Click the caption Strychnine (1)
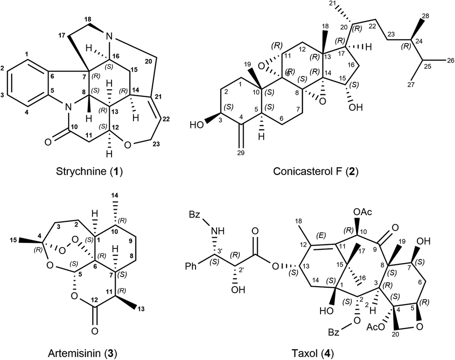coord(89,171)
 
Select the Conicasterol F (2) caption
coord(316,171)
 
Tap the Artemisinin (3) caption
coord(82,353)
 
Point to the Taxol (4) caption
coord(313,353)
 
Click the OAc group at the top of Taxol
coord(363,212)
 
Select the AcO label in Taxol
coord(375,327)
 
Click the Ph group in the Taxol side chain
coord(191,266)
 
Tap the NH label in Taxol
coord(218,231)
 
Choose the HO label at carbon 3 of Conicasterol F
coord(196,126)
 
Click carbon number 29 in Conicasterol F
coord(240,153)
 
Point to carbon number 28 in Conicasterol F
coord(424,16)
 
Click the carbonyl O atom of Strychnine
coord(49,142)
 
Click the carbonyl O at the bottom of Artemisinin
coord(95,331)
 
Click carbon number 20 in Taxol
coord(396,334)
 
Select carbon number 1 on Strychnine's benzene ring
coord(27,54)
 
